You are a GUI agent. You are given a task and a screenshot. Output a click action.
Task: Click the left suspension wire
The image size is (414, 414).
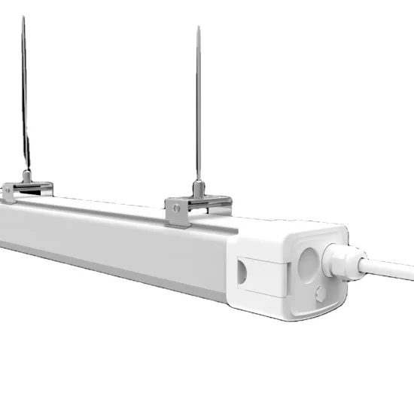[x=25, y=98]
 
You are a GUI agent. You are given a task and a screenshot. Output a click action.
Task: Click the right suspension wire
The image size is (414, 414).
[x=199, y=105]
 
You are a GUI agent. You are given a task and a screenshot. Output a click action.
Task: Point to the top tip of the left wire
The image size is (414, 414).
[x=23, y=17]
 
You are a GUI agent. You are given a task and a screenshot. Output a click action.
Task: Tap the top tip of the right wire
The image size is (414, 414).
[x=199, y=28]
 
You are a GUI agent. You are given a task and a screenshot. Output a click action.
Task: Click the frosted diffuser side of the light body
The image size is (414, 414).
[x=113, y=241]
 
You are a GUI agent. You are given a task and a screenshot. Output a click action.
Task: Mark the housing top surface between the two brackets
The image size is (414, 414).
[x=105, y=205]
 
